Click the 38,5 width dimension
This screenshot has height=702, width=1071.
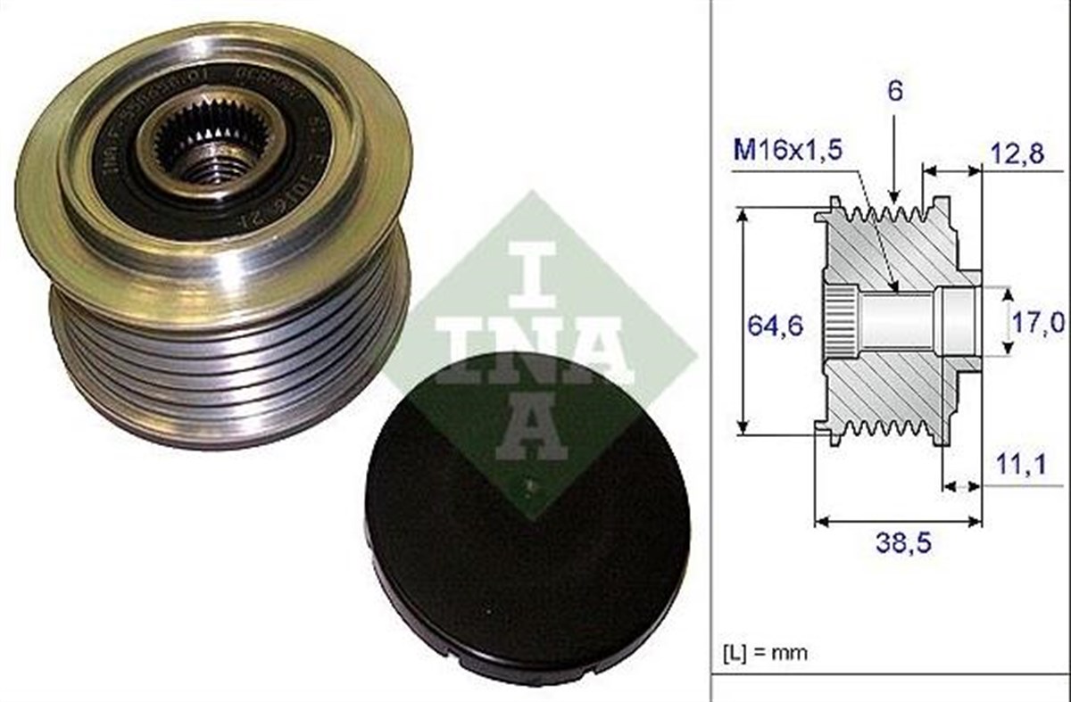click(898, 543)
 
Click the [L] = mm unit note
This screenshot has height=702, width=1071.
click(764, 652)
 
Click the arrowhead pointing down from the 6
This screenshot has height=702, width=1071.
click(893, 191)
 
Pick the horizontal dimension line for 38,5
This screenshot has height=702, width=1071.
click(898, 520)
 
